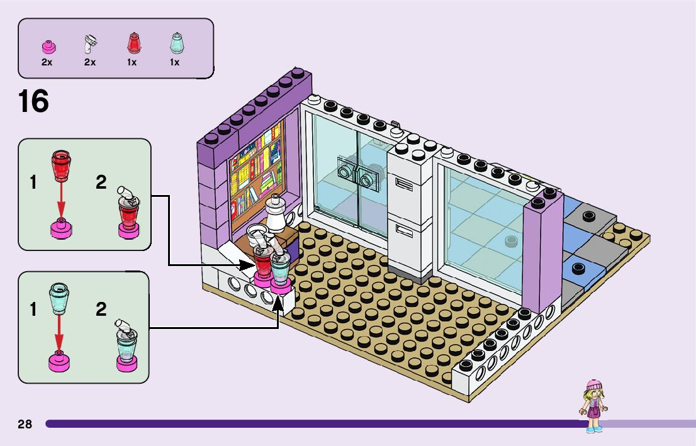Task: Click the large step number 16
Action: pyautogui.click(x=33, y=101)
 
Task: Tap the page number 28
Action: pyautogui.click(x=25, y=424)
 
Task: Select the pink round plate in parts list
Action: pyautogui.click(x=47, y=47)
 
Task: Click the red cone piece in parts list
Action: pyautogui.click(x=132, y=43)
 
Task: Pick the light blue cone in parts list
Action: pyautogui.click(x=174, y=43)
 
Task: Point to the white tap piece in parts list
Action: pyautogui.click(x=90, y=44)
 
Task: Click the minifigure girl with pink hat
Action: pyautogui.click(x=593, y=405)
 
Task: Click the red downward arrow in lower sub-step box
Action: pyautogui.click(x=59, y=331)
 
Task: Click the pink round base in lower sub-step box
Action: pyautogui.click(x=59, y=360)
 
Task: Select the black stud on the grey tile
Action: pyautogui.click(x=588, y=216)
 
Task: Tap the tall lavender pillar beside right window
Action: pyautogui.click(x=541, y=252)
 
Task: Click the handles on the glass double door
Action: pyautogui.click(x=356, y=174)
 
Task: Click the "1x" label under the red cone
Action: pyautogui.click(x=132, y=62)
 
